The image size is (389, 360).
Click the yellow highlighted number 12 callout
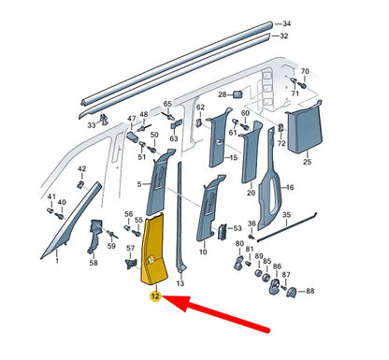pyautogui.click(x=155, y=295)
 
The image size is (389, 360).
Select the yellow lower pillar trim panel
pyautogui.click(x=153, y=250)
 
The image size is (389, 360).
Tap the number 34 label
pyautogui.click(x=286, y=23)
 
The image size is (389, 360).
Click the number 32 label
pyautogui.click(x=283, y=36)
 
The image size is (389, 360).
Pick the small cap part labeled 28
pyautogui.click(x=238, y=94)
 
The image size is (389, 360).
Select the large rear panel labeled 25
pyautogui.click(x=305, y=127)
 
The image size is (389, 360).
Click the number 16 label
pyautogui.click(x=290, y=187)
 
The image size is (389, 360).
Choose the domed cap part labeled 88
pyautogui.click(x=293, y=293)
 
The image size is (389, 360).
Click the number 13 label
pyautogui.click(x=180, y=283)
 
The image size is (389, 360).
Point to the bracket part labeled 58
pyautogui.click(x=95, y=237)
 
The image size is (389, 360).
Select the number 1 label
pyautogui.click(x=57, y=261)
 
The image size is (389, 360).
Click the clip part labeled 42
pyautogui.click(x=80, y=184)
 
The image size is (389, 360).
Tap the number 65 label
pyautogui.click(x=167, y=104)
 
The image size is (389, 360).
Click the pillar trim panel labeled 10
pyautogui.click(x=209, y=209)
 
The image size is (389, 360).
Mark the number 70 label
pyautogui.click(x=305, y=71)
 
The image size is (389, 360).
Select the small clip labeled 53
pyautogui.click(x=223, y=232)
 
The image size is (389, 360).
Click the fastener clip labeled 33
pyautogui.click(x=103, y=119)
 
